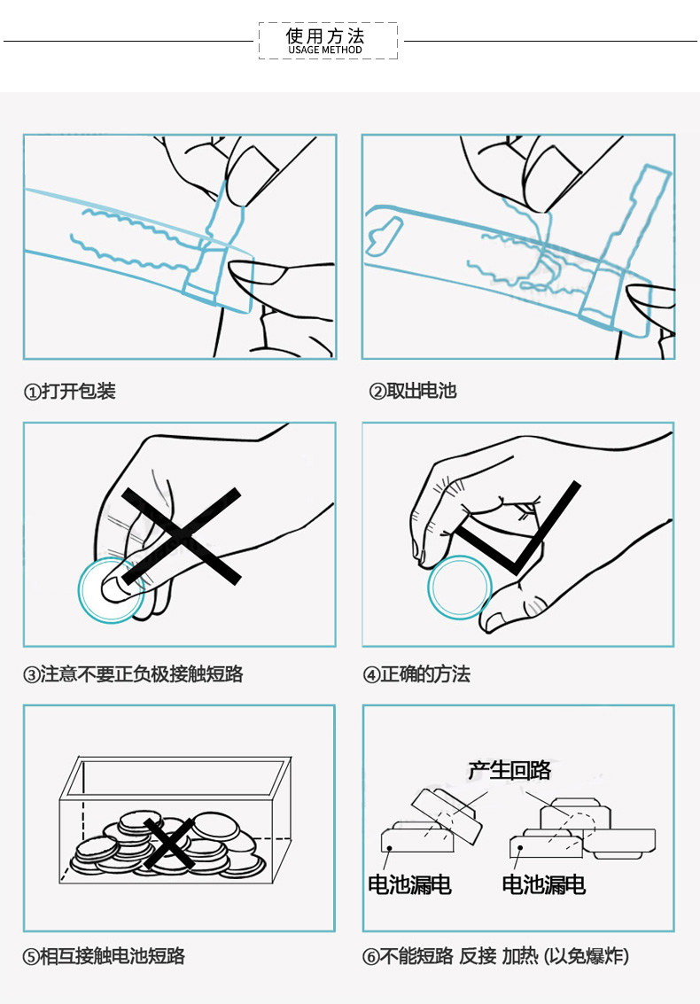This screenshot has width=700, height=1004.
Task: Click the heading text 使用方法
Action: click(325, 35)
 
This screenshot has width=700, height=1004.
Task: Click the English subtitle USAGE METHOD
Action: click(325, 51)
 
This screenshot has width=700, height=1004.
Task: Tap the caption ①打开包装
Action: click(69, 391)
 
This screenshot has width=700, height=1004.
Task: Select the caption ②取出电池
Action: click(413, 391)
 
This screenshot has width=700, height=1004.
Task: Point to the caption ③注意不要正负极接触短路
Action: click(133, 674)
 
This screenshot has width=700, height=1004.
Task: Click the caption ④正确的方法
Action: click(416, 674)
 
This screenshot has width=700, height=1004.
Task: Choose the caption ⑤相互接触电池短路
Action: click(104, 956)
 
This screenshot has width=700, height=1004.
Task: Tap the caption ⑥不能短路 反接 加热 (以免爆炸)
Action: click(496, 956)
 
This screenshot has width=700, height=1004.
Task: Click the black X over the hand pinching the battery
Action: click(181, 535)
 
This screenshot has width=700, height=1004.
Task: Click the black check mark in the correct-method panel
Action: click(518, 532)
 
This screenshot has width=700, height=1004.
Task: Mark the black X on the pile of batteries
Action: click(170, 843)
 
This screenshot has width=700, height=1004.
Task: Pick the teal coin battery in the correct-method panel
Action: click(459, 588)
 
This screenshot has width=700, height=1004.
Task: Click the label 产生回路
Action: click(509, 769)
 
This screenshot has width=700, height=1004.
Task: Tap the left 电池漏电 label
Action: click(409, 883)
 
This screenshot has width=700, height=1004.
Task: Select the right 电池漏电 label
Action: click(543, 883)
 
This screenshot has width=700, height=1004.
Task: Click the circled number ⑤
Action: click(31, 957)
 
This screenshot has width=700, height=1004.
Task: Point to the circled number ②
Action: click(377, 392)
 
